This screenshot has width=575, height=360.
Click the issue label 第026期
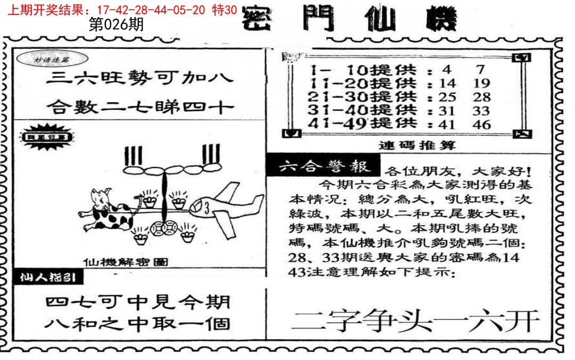pyautogui.click(x=116, y=25)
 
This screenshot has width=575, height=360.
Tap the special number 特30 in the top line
pyautogui.click(x=225, y=10)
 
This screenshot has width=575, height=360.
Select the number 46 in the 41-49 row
pyautogui.click(x=483, y=125)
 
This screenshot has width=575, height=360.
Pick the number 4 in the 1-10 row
pyautogui.click(x=446, y=69)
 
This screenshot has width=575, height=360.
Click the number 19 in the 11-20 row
pyautogui.click(x=482, y=83)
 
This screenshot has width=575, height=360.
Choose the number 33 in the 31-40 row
pyautogui.click(x=482, y=111)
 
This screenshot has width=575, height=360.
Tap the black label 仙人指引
pyautogui.click(x=48, y=278)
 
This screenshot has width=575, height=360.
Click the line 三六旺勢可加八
pyautogui.click(x=139, y=78)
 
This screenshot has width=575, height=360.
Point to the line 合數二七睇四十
pyautogui.click(x=139, y=108)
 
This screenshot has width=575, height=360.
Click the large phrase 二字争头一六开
pyautogui.click(x=416, y=321)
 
